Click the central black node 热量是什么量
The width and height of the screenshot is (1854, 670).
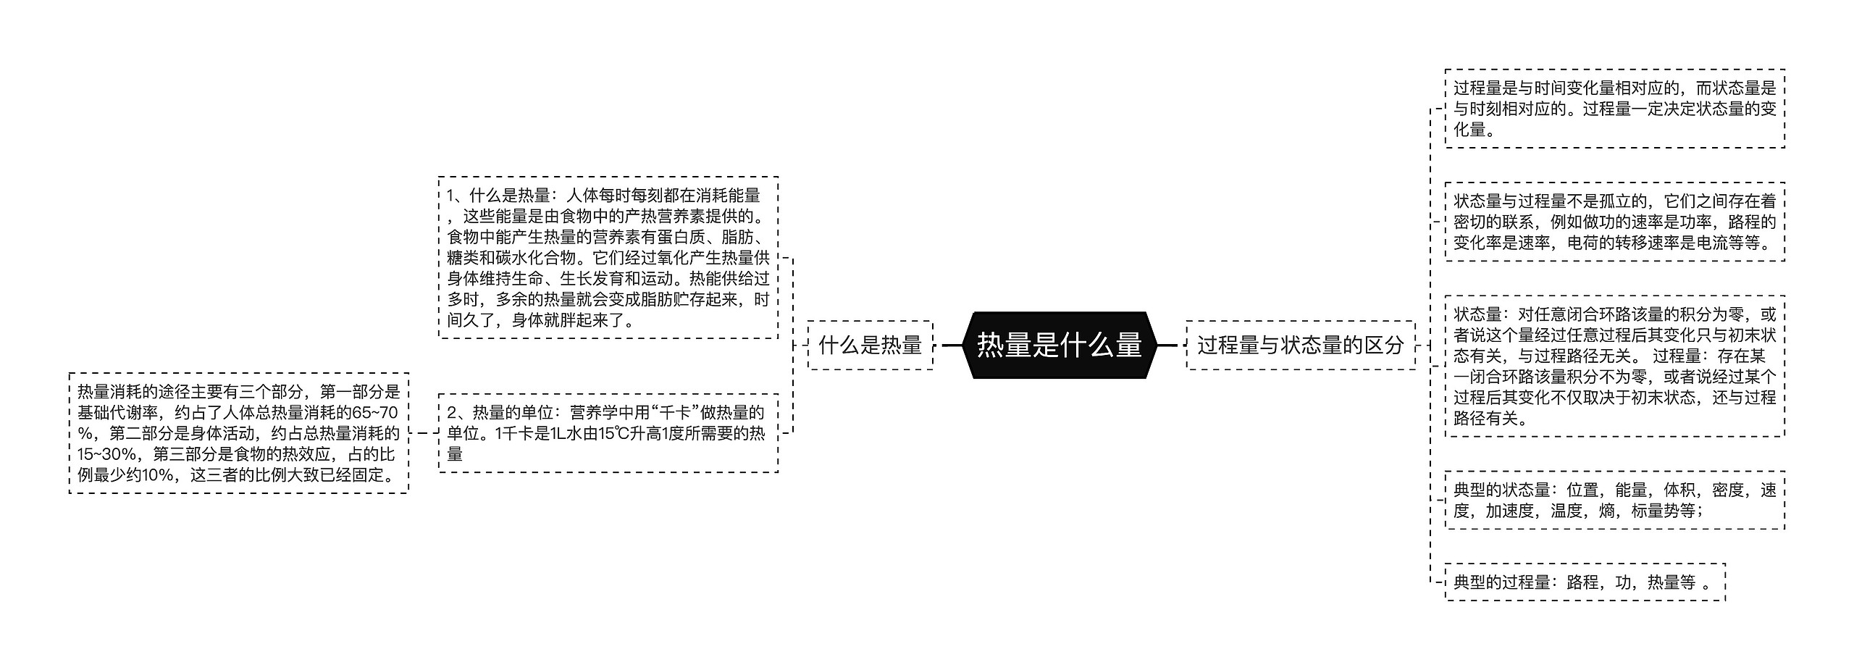coord(1060,345)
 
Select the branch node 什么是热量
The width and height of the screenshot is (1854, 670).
coord(870,346)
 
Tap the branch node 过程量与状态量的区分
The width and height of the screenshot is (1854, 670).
coord(1300,346)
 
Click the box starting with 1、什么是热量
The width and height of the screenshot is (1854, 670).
coord(608,257)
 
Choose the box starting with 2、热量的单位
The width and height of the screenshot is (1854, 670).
coord(608,433)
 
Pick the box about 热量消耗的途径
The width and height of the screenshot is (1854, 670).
coord(239,433)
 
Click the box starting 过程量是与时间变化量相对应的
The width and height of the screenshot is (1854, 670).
coord(1614,109)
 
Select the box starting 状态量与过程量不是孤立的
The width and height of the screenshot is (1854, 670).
coord(1614,222)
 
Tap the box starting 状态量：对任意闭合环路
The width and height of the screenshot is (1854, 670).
coord(1614,366)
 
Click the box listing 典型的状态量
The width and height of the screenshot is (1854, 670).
coord(1614,501)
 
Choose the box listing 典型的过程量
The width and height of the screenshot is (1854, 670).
coord(1585,582)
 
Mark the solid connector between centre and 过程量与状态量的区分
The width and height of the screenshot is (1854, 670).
coord(1167,346)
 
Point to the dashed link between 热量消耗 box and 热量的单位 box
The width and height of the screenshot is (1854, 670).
coord(424,433)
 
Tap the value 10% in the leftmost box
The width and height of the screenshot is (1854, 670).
coord(158,475)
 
